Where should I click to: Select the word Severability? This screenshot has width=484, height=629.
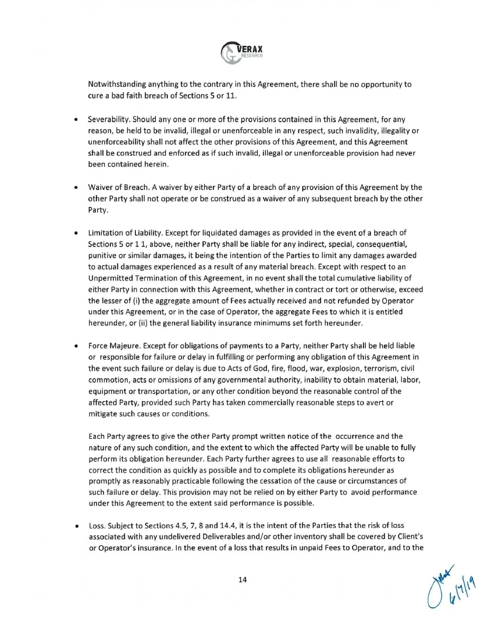[x=107, y=124]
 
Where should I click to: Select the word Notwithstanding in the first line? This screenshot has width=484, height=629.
[x=116, y=85]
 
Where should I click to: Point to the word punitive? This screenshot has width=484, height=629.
[x=103, y=256]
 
